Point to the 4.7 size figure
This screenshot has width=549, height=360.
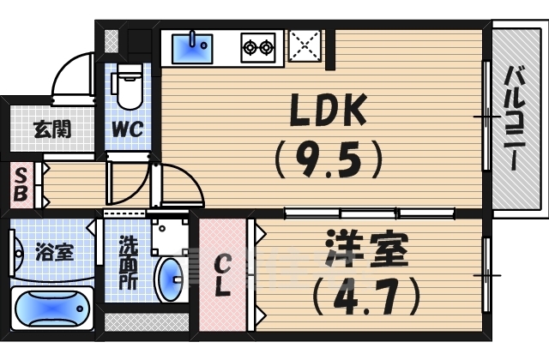[365, 296]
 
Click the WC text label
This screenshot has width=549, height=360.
[130, 130]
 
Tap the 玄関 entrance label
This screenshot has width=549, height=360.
[51, 130]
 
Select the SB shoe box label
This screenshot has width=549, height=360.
[20, 185]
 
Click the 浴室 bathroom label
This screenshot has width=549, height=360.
[53, 253]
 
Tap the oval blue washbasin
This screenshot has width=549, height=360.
[172, 279]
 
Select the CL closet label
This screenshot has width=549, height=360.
[223, 274]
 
